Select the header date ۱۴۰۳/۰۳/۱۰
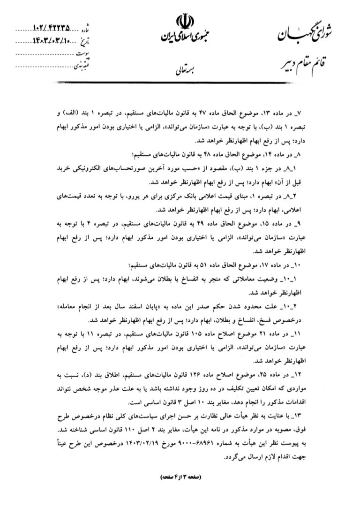click(53, 42)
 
